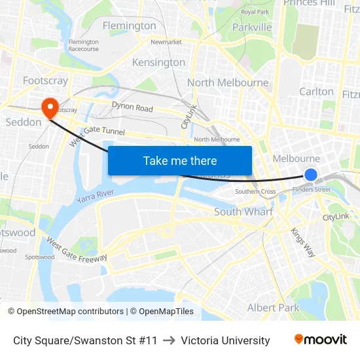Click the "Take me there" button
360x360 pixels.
[x=180, y=161]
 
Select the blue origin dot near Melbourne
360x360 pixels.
[x=311, y=175]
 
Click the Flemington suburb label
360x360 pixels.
[x=130, y=26]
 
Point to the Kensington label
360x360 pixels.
[x=158, y=62]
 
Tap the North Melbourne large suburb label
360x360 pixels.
[x=228, y=82]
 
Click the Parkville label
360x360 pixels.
[x=252, y=27]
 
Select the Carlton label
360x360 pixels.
[x=316, y=92]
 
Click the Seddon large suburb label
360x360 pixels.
[x=23, y=122]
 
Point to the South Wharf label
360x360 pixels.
[x=244, y=211]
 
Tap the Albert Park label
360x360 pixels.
[x=273, y=307]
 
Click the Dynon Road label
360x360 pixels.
[x=132, y=107]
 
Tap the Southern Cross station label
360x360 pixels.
[x=255, y=192]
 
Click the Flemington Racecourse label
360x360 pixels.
[x=84, y=45]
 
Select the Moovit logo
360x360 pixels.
[x=321, y=340]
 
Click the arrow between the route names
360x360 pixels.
[x=169, y=340]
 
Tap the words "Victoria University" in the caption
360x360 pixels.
[x=225, y=340]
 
